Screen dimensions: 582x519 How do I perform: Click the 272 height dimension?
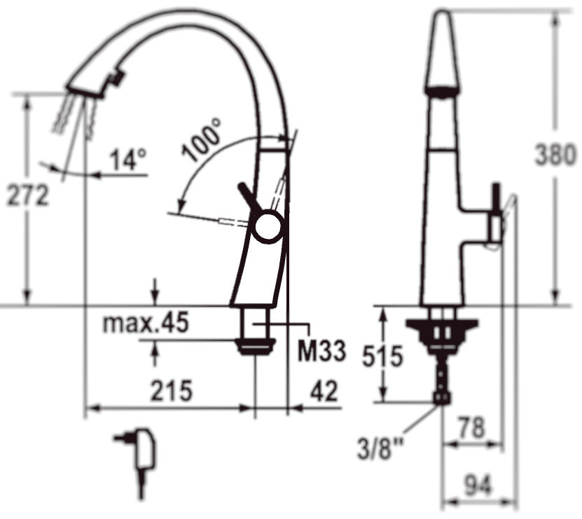tap(28, 195)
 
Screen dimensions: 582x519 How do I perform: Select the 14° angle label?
tap(128, 159)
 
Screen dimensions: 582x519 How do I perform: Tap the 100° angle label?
tap(202, 139)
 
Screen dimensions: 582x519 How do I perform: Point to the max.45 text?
tap(146, 322)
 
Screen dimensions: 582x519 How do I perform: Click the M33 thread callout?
tap(321, 351)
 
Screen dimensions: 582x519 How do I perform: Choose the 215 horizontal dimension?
tap(172, 390)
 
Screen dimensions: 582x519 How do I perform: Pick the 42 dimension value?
tap(324, 390)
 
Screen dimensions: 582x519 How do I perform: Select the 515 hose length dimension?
tap(382, 356)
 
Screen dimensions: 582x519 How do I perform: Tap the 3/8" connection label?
tap(380, 448)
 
